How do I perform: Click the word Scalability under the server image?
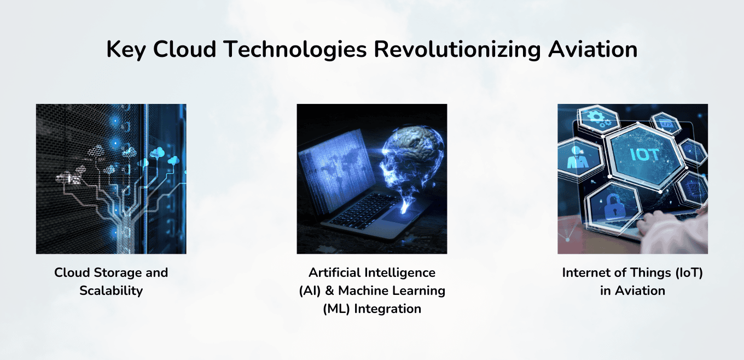click(x=111, y=291)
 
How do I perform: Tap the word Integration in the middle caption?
click(x=388, y=309)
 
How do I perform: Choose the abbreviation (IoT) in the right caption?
click(x=685, y=272)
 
